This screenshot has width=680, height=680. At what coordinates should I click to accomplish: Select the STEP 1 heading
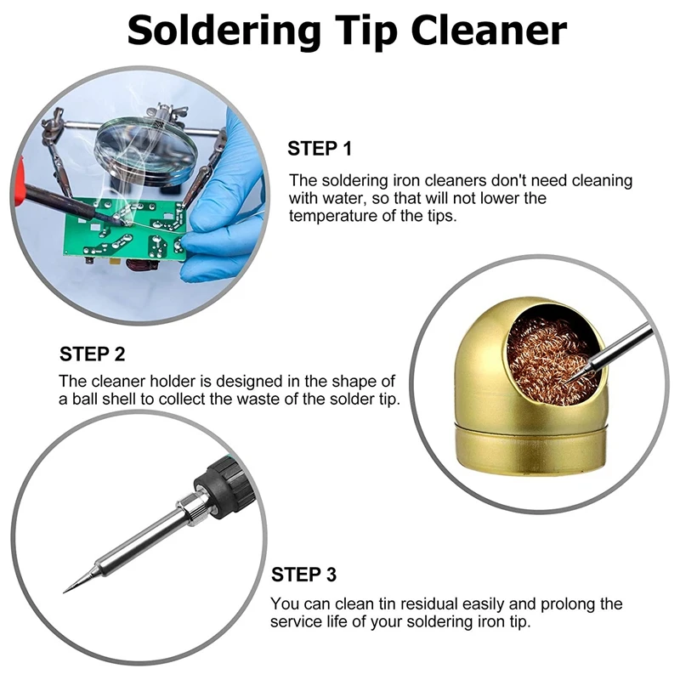click(320, 149)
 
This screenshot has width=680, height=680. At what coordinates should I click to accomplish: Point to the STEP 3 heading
click(303, 575)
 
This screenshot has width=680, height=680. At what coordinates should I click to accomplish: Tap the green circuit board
click(127, 229)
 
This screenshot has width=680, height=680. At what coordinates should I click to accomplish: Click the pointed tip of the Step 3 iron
click(68, 588)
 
